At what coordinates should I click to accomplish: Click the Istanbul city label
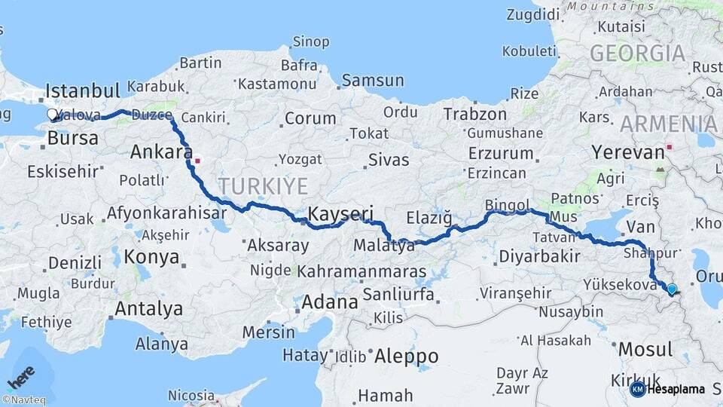pyautogui.click(x=83, y=92)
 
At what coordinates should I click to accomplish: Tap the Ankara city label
pyautogui.click(x=161, y=151)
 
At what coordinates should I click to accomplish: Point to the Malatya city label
pyautogui.click(x=384, y=246)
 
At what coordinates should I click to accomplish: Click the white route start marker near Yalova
pyautogui.click(x=53, y=115)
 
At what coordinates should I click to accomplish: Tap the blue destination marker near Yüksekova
pyautogui.click(x=672, y=288)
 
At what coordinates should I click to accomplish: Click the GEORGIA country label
pyautogui.click(x=637, y=54)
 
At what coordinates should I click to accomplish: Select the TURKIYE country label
pyautogui.click(x=263, y=186)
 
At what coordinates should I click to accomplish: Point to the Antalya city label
pyautogui.click(x=148, y=308)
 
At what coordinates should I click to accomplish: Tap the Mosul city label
pyautogui.click(x=645, y=350)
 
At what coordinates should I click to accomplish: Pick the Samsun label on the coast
pyautogui.click(x=372, y=81)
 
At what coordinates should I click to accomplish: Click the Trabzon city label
pyautogui.click(x=475, y=114)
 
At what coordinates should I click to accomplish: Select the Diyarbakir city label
pyautogui.click(x=538, y=256)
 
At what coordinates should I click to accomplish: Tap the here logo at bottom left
pyautogui.click(x=22, y=376)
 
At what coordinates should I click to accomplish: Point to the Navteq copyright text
pyautogui.click(x=23, y=400)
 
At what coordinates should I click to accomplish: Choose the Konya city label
pyautogui.click(x=151, y=257)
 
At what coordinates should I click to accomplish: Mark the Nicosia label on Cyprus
pyautogui.click(x=191, y=395)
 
